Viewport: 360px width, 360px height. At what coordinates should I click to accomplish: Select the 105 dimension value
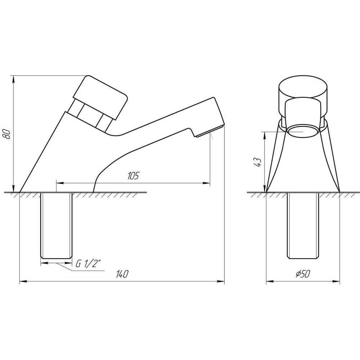133,176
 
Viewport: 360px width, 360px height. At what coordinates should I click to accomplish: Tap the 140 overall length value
122,274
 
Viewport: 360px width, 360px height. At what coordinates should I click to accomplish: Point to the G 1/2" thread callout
89,264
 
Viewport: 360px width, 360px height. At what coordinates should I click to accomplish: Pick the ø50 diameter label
303,274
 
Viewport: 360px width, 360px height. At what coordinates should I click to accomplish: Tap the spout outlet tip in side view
210,133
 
